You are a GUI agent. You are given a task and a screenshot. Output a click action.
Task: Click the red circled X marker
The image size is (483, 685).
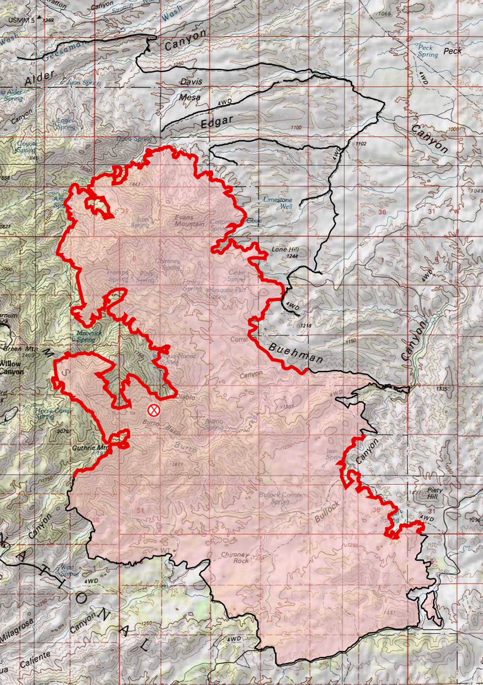(153, 410)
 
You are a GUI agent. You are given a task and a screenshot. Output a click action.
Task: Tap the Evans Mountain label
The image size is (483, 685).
(189, 220)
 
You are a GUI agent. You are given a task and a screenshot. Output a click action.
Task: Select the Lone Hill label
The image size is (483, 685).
(285, 250)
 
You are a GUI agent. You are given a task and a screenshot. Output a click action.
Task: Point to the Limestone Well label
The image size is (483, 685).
(277, 203)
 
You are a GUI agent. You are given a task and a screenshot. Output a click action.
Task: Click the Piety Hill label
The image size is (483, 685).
(433, 493)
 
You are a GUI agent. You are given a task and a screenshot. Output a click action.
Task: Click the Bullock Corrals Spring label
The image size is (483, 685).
(280, 498)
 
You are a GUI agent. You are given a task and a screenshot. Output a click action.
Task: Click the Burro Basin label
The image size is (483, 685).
(161, 426)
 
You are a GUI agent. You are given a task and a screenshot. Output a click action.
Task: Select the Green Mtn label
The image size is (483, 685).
(16, 349)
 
